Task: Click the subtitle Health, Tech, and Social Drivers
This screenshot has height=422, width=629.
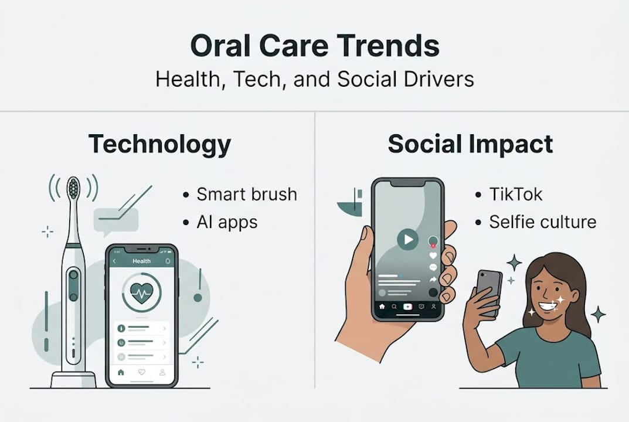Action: tap(314, 79)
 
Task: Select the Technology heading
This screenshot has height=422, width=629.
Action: tap(159, 144)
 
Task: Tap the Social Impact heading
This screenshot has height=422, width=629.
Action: tap(470, 144)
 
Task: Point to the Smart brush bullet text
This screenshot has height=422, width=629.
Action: tap(246, 194)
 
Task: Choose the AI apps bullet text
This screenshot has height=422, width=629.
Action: tap(227, 222)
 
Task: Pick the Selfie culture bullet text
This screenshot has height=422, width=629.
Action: tap(543, 222)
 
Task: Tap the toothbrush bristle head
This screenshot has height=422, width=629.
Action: tap(73, 189)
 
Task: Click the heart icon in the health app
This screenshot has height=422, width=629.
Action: tap(142, 292)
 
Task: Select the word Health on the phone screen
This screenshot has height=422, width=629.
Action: tap(141, 261)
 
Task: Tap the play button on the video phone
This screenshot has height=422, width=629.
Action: tap(407, 239)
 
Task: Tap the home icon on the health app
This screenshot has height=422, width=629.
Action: tap(121, 372)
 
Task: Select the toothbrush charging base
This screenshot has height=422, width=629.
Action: tap(73, 379)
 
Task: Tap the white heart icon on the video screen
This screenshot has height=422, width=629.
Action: tap(433, 256)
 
